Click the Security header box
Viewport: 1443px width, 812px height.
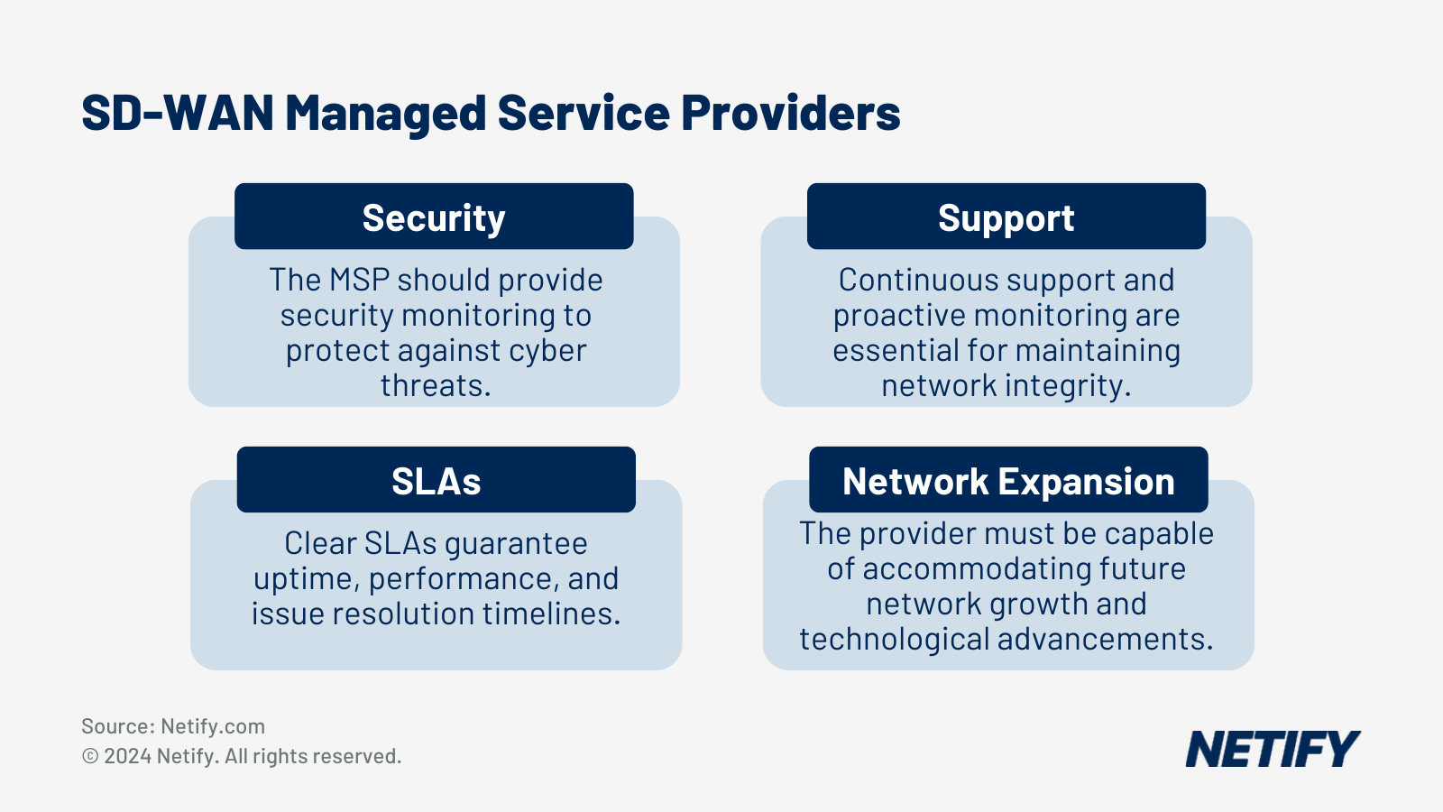click(434, 217)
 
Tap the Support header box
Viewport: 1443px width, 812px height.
click(1006, 217)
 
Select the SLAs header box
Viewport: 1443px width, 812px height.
click(436, 480)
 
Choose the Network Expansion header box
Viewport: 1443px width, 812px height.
click(1008, 480)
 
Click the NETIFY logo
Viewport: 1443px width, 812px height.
click(1272, 749)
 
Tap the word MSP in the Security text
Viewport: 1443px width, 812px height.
click(360, 280)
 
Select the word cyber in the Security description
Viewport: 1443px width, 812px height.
click(547, 350)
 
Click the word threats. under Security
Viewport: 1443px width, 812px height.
click(436, 385)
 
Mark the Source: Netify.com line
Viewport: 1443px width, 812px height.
click(173, 726)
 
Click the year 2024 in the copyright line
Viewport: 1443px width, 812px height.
click(127, 756)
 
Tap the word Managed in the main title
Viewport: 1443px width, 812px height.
click(386, 114)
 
